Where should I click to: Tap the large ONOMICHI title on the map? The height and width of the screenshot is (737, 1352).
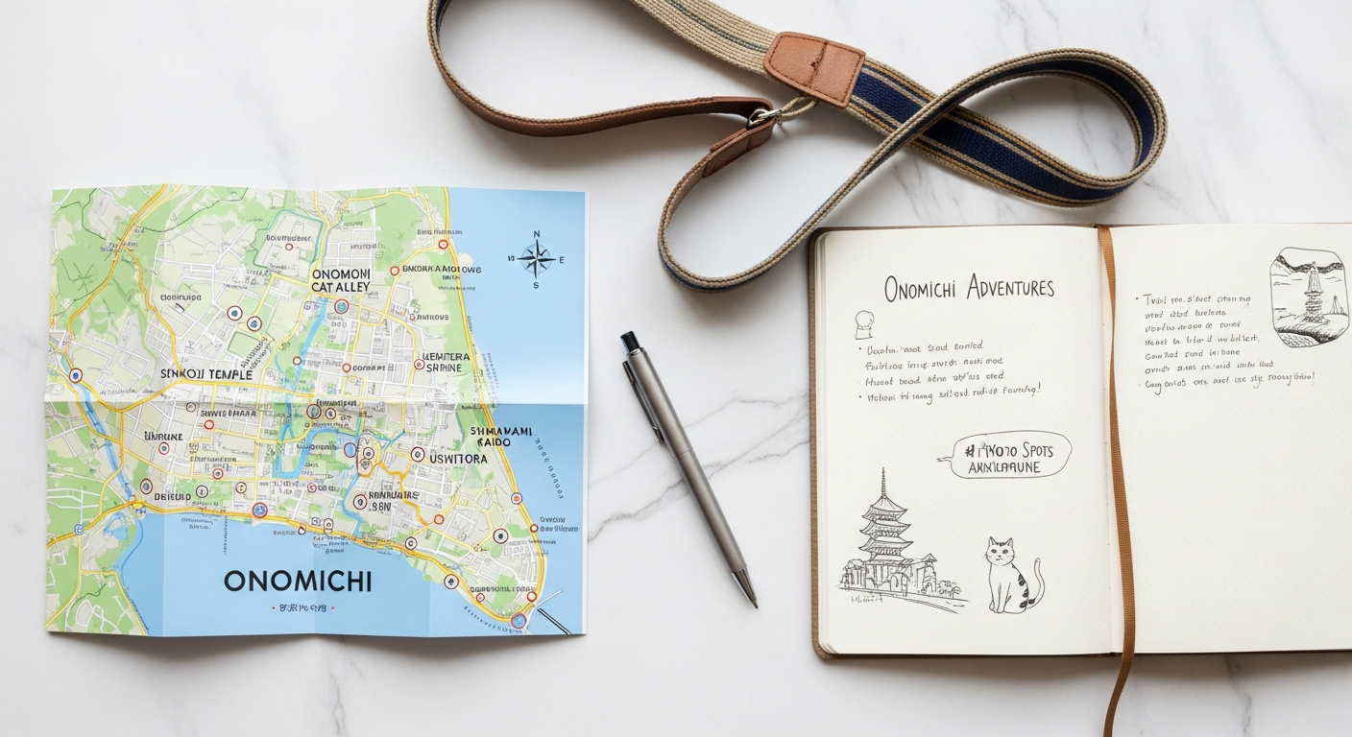(298, 581)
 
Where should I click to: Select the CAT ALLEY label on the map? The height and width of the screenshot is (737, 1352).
(340, 288)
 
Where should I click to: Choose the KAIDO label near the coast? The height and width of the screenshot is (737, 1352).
(495, 444)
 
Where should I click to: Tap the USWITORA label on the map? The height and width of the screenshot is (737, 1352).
(458, 459)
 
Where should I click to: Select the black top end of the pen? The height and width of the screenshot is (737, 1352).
(629, 340)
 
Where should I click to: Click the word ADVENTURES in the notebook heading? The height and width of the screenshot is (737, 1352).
(1010, 286)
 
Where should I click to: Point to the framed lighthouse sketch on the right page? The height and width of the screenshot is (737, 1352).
(1309, 296)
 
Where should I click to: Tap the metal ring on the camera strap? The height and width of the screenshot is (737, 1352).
(764, 117)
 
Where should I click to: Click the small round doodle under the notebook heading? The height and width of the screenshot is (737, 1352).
(862, 324)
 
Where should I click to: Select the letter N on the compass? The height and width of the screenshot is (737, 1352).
(537, 233)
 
